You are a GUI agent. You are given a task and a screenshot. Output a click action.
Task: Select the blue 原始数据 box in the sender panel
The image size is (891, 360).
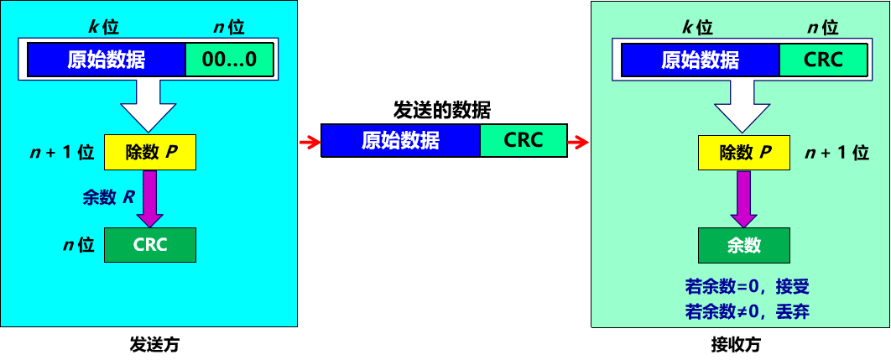point(107,60)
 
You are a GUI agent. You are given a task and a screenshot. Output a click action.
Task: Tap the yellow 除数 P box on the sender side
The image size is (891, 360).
point(149,152)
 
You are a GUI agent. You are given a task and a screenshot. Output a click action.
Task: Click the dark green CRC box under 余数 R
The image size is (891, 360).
point(149,244)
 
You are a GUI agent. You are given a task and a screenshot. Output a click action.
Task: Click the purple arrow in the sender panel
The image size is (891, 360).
point(150,198)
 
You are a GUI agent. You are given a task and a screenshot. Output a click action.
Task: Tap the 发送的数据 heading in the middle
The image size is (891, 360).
point(442,110)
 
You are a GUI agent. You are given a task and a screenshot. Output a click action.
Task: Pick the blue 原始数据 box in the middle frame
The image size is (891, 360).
point(400,140)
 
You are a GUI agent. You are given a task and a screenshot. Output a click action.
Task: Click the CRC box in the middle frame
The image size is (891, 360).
point(524,140)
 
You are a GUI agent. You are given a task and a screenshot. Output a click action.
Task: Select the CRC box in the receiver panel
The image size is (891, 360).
point(823,60)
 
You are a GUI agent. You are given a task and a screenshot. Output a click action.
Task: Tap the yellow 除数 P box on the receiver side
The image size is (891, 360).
point(743,153)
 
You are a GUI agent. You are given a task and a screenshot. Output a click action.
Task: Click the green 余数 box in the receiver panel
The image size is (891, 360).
point(743,244)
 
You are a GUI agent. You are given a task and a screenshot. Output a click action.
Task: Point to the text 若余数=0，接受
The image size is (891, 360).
point(747,287)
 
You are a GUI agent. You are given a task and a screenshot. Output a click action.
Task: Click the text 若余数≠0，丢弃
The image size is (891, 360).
point(747,312)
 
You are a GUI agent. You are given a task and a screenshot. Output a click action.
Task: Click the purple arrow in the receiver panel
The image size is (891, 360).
point(744,198)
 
